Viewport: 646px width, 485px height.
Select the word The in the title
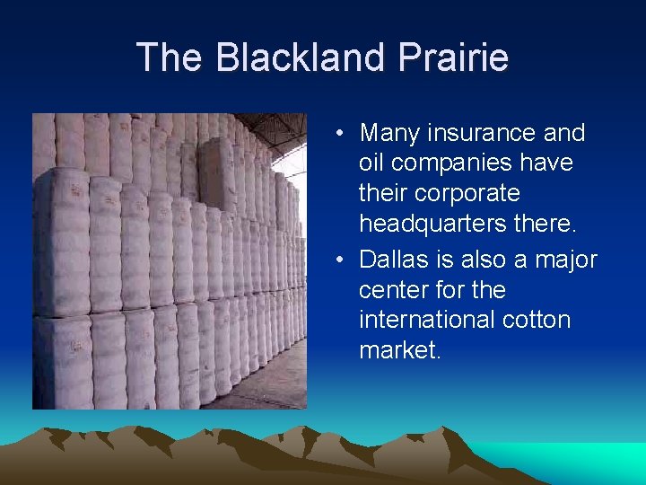click(x=170, y=57)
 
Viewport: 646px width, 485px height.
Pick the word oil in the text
click(x=371, y=164)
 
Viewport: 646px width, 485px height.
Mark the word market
click(x=399, y=350)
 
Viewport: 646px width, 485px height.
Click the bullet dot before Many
click(x=342, y=135)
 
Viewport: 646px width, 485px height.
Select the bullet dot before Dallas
click(x=342, y=260)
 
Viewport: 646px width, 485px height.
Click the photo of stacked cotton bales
click(x=169, y=260)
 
